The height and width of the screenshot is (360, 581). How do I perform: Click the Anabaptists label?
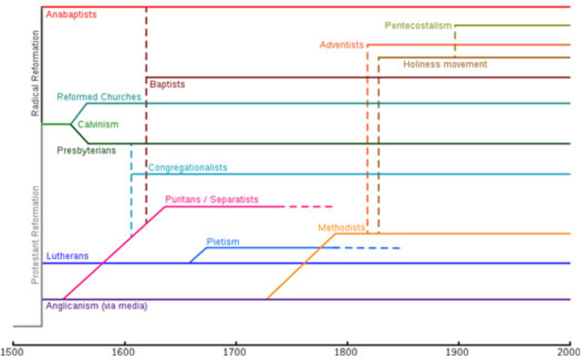pos(71,15)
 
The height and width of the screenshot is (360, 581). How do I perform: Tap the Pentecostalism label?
pos(418,26)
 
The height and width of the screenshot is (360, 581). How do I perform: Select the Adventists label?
pos(341,45)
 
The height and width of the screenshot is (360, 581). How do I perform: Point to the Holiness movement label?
pos(445,64)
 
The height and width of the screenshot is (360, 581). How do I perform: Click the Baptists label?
pos(167,84)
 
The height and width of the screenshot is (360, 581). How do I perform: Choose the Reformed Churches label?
pos(99,97)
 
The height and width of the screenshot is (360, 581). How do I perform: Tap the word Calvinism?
pos(98,125)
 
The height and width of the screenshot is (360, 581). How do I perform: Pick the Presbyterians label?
pos(86,150)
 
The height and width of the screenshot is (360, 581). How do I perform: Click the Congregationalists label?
pos(187,168)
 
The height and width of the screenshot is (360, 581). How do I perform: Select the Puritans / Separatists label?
pos(212,199)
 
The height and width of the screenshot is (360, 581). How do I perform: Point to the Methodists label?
pos(341,228)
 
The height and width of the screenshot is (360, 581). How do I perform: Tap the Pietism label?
pos(223,241)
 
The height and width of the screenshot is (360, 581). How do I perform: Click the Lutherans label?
pos(67,256)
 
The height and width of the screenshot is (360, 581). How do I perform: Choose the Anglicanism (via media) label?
pos(96,306)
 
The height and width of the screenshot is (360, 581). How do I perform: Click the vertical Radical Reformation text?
pos(35,73)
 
